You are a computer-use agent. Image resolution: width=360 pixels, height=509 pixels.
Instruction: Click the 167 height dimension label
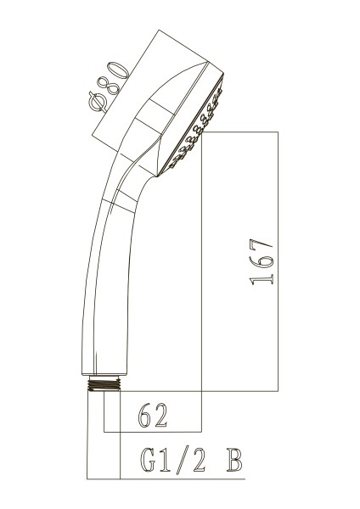click(261, 262)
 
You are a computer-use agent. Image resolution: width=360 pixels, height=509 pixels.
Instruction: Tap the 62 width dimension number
click(152, 415)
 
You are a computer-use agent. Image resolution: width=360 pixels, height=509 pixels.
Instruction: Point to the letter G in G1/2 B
click(148, 461)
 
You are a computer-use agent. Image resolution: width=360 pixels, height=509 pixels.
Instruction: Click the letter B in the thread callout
click(234, 461)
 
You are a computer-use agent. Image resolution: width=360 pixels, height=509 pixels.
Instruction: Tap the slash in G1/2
click(182, 461)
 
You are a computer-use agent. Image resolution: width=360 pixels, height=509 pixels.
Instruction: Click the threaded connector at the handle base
click(104, 383)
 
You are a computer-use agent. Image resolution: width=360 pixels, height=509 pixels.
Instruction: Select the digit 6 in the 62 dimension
click(145, 415)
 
